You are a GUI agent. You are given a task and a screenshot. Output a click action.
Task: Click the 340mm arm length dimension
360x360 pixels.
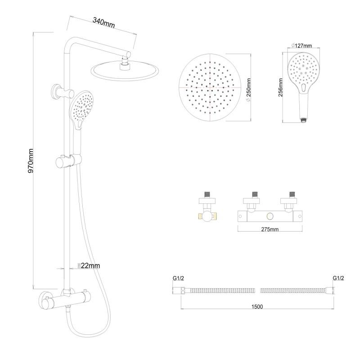coord(103,23)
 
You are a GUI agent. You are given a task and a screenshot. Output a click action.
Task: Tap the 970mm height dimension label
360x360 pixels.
coord(31,161)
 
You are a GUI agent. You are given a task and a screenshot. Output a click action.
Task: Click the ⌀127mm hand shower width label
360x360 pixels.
coord(301,46)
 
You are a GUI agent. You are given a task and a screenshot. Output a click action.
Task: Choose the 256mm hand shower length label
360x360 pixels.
coord(280,87)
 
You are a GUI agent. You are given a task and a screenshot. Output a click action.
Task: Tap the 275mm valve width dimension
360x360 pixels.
coord(270,229)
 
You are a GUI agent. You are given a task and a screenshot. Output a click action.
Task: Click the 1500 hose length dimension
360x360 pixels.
coord(257,306)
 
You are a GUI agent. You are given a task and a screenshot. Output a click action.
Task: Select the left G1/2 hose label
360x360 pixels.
coord(178,278)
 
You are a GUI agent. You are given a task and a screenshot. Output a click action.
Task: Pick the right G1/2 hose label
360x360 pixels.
coord(338,278)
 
